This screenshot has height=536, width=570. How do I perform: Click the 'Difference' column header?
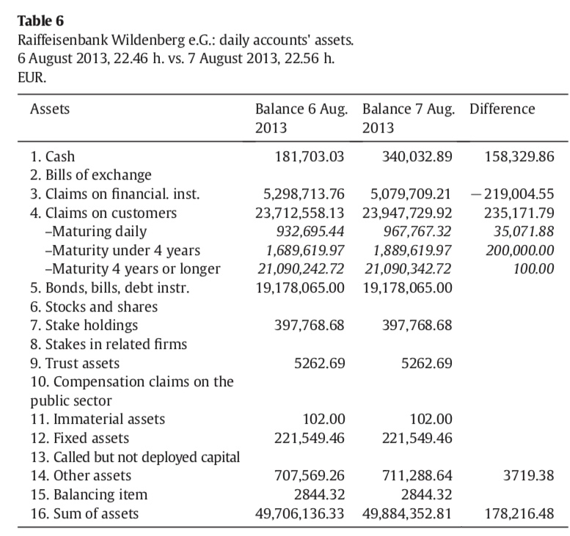point(502,109)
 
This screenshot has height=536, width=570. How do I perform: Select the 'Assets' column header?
point(50,109)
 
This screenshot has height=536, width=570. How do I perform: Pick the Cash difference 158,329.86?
point(519,156)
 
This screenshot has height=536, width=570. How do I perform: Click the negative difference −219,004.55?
point(514,194)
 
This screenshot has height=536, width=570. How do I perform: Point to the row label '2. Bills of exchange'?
point(91,175)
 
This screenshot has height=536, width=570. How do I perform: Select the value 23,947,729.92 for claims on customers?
point(407,213)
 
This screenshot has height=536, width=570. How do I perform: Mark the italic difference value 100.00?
point(534,269)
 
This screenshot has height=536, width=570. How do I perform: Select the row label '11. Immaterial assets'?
point(98,419)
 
